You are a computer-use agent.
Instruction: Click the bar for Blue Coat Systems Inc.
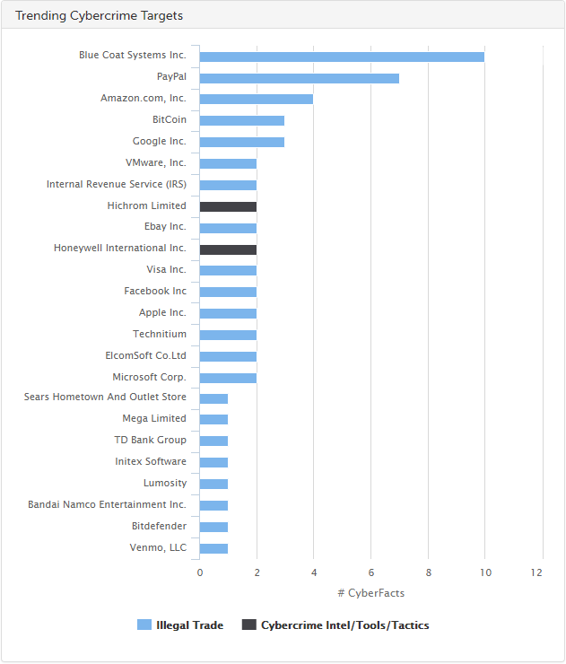(x=341, y=57)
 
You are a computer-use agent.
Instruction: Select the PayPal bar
(x=299, y=78)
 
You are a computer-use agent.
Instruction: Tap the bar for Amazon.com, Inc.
(x=256, y=99)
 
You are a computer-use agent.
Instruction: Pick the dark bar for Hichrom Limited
(x=228, y=206)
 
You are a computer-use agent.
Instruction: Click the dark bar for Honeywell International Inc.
(x=228, y=249)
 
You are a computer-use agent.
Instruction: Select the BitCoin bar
(x=241, y=120)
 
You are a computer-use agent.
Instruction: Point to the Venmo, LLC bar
(x=213, y=548)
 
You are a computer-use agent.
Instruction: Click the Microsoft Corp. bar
(x=228, y=378)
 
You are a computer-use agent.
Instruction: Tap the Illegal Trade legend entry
(x=180, y=625)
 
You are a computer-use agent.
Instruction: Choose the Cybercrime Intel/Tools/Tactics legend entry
(x=335, y=625)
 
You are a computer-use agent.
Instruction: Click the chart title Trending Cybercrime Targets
(x=100, y=16)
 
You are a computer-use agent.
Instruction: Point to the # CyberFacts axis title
(x=370, y=593)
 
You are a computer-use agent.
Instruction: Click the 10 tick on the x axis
(x=485, y=572)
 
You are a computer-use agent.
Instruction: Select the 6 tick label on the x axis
(x=370, y=572)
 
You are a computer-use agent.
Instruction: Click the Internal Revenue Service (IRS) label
(x=117, y=185)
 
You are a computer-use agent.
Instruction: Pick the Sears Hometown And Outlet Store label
(x=105, y=397)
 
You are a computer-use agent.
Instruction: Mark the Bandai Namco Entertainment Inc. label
(x=107, y=505)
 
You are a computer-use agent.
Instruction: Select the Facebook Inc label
(x=155, y=292)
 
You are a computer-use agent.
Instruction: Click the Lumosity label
(x=165, y=484)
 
